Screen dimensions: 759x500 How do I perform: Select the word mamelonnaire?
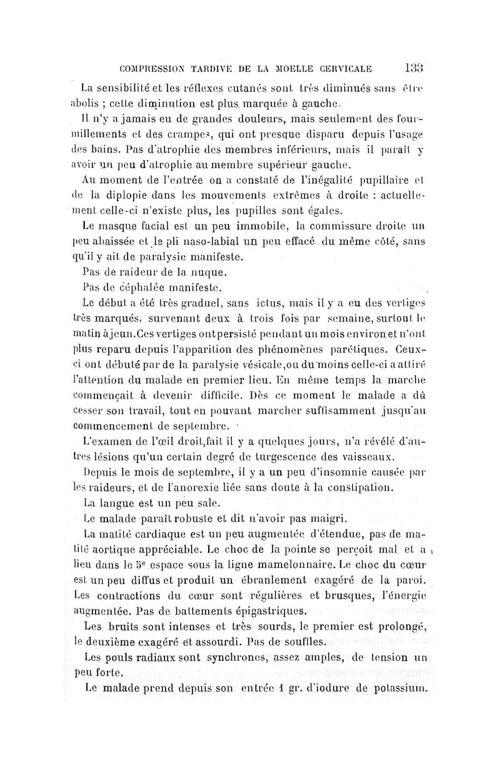pyautogui.click(x=294, y=563)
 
